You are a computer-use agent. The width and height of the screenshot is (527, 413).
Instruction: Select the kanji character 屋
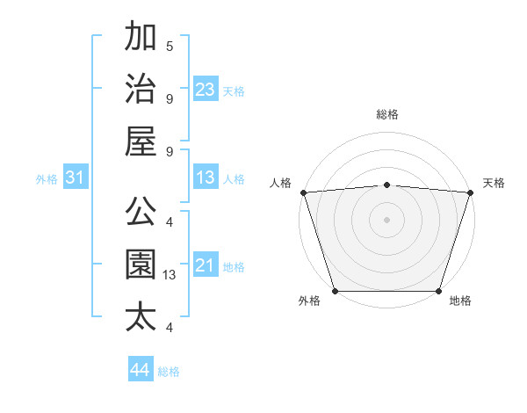(x=141, y=141)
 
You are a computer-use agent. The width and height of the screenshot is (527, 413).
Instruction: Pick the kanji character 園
(x=141, y=264)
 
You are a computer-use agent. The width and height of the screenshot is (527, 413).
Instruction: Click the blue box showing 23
(x=206, y=90)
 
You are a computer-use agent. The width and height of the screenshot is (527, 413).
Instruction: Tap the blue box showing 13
(x=206, y=178)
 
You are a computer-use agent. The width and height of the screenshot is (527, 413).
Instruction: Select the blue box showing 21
(x=206, y=266)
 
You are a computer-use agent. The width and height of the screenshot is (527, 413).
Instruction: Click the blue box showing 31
(x=76, y=178)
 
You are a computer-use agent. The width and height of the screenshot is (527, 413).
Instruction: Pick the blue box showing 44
(x=141, y=370)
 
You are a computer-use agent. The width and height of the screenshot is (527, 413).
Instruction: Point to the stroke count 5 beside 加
(x=170, y=47)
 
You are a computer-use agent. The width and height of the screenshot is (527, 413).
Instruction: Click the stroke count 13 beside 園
(x=170, y=275)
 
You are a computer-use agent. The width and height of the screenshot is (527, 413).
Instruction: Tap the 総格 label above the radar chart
(x=386, y=114)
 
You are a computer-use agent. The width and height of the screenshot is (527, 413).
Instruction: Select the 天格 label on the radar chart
(x=495, y=183)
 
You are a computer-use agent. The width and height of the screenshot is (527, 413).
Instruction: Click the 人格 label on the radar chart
(x=281, y=183)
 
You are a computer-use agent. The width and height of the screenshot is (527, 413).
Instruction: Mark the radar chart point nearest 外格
(x=335, y=291)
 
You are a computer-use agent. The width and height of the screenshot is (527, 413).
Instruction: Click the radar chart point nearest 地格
(x=439, y=291)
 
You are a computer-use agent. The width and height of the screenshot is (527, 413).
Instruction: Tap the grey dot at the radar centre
(x=386, y=219)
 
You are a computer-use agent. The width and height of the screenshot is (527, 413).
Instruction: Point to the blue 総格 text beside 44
(x=169, y=372)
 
